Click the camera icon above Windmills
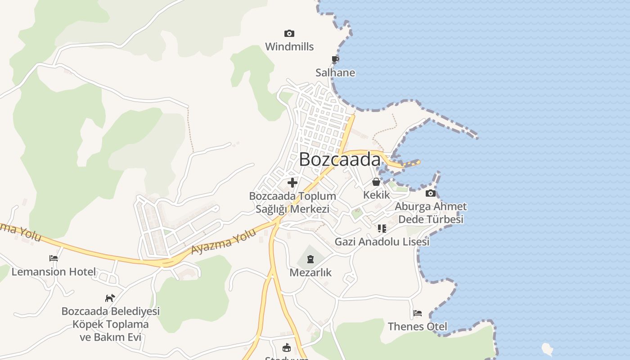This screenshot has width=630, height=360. [289, 33]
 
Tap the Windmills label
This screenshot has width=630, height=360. [289, 46]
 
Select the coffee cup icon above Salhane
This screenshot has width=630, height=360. [335, 59]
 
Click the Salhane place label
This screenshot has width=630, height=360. [335, 72]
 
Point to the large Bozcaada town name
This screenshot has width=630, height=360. [340, 159]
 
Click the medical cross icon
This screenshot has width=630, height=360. [292, 183]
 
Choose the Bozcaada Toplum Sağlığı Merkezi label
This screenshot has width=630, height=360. [292, 202]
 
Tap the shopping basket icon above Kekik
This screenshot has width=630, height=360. [376, 182]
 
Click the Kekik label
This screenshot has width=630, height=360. [377, 195]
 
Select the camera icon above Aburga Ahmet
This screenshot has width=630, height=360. [431, 193]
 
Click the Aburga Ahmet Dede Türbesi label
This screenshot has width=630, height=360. [431, 213]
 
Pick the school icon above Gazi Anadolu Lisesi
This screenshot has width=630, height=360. [382, 229]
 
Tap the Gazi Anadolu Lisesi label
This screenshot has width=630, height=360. [382, 242]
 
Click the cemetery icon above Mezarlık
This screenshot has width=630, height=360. [310, 259]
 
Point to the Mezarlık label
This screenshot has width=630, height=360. [310, 272]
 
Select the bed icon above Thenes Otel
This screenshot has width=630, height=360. [418, 313]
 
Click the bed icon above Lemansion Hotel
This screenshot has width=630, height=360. [54, 258]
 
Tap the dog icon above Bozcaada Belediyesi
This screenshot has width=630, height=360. [110, 298]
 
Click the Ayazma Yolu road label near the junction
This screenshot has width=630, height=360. [224, 242]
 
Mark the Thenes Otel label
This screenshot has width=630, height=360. [418, 326]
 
